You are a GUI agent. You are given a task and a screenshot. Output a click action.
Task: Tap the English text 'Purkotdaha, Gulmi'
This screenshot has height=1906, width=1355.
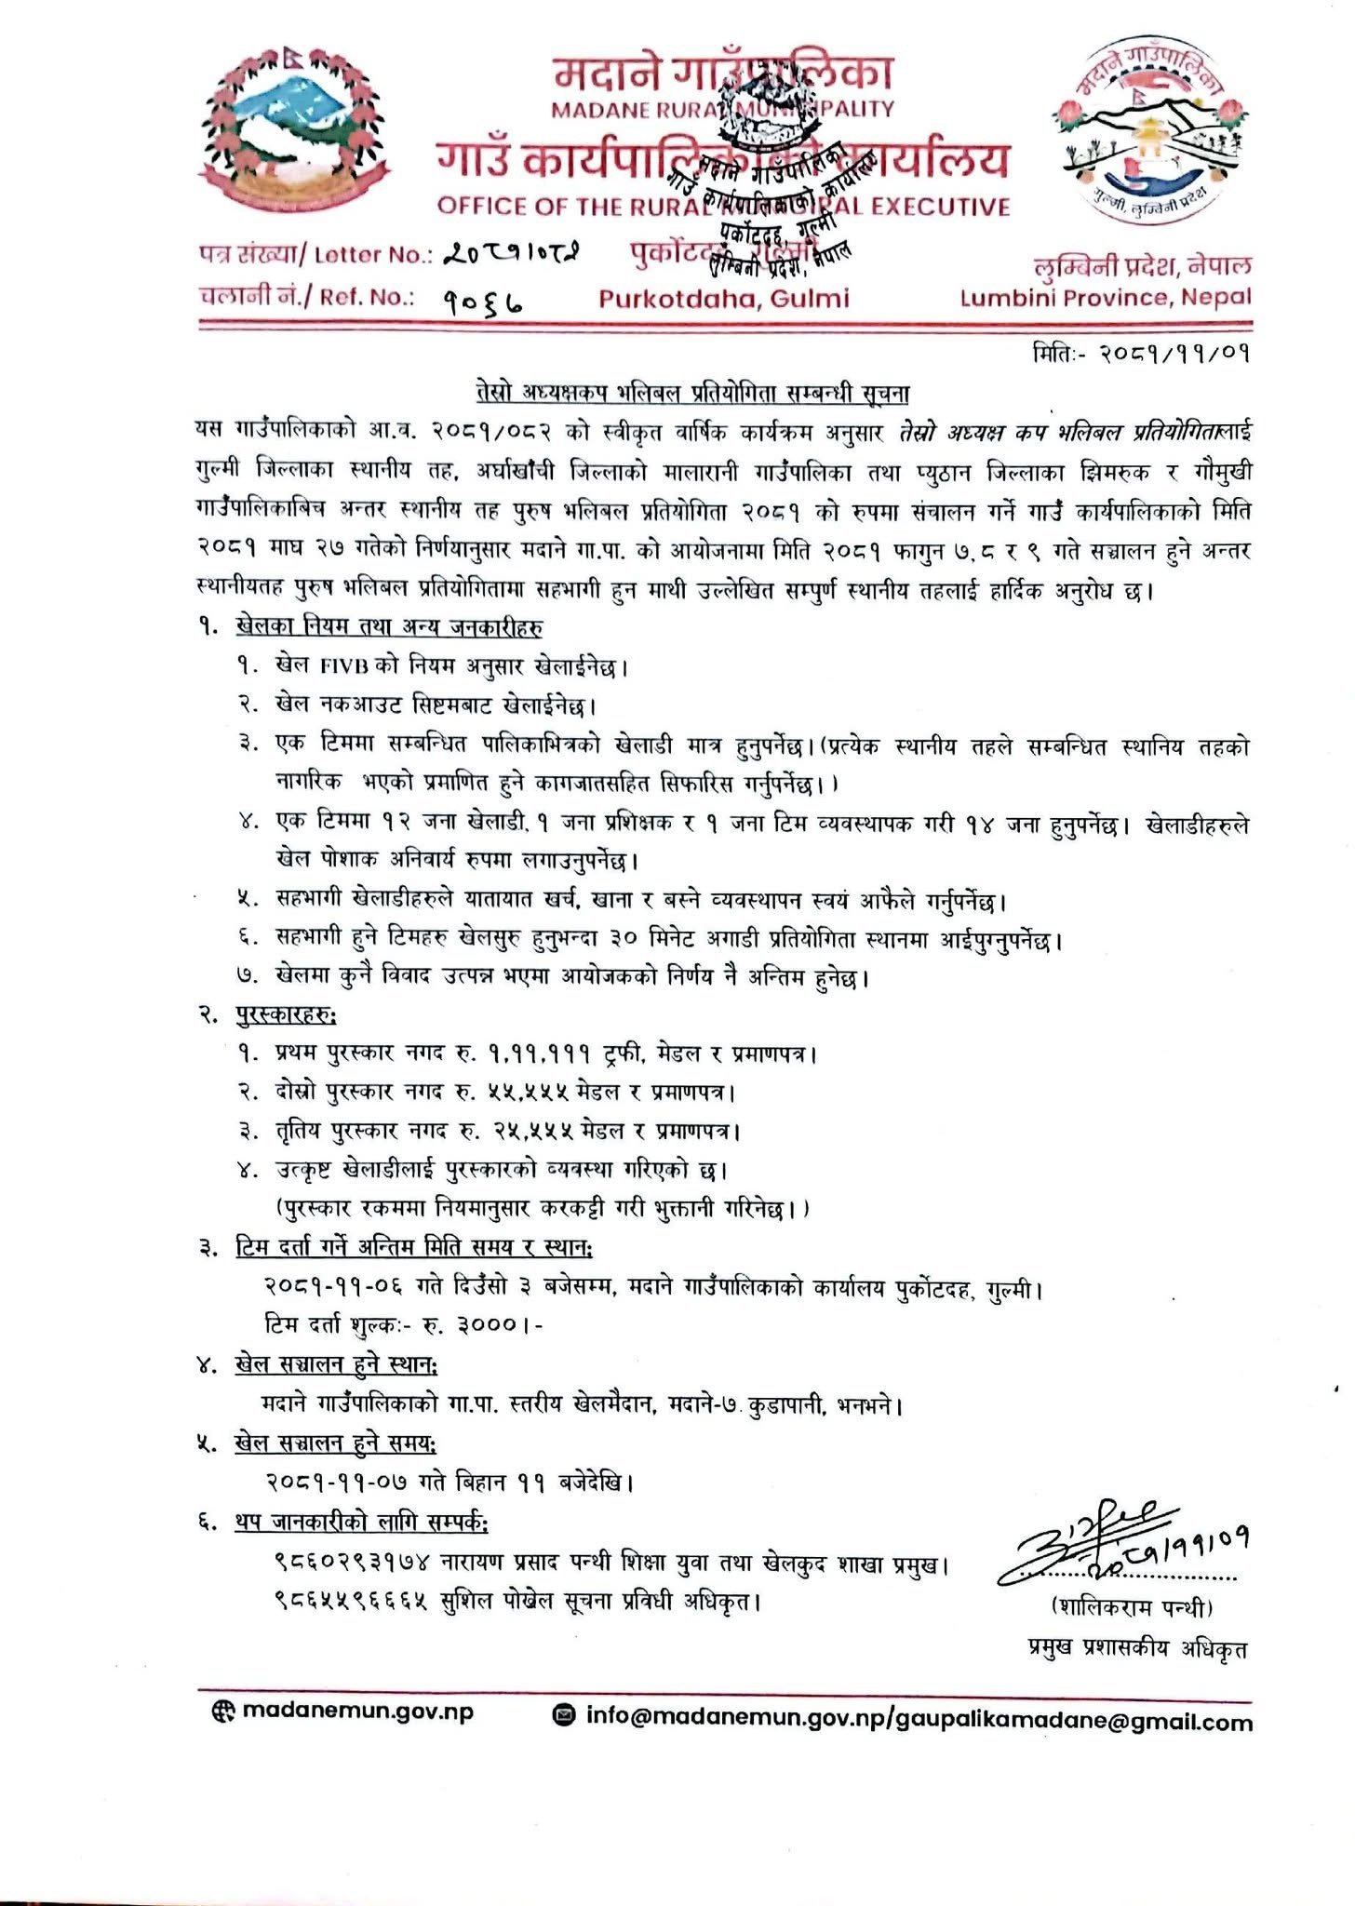tap(723, 298)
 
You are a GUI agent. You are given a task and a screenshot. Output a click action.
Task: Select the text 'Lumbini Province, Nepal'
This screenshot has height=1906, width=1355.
tap(1106, 298)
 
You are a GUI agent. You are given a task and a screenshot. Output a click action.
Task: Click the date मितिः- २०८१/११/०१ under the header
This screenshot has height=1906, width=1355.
tap(1139, 353)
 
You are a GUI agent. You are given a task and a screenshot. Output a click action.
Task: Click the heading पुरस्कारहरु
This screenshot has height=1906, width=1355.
tap(287, 1013)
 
